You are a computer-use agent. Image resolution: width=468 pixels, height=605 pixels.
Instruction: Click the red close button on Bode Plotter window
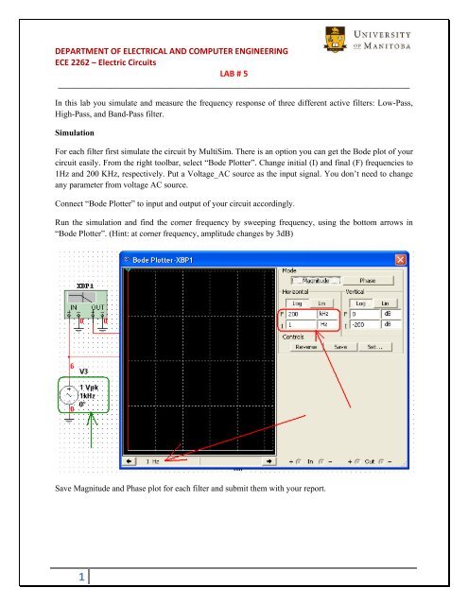coord(400,261)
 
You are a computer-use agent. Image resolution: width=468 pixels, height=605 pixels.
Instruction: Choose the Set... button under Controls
coord(374,346)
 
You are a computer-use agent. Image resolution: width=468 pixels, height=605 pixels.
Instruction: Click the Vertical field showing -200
coord(364,324)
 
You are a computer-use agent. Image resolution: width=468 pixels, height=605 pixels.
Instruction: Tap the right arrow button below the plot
coord(269,461)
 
